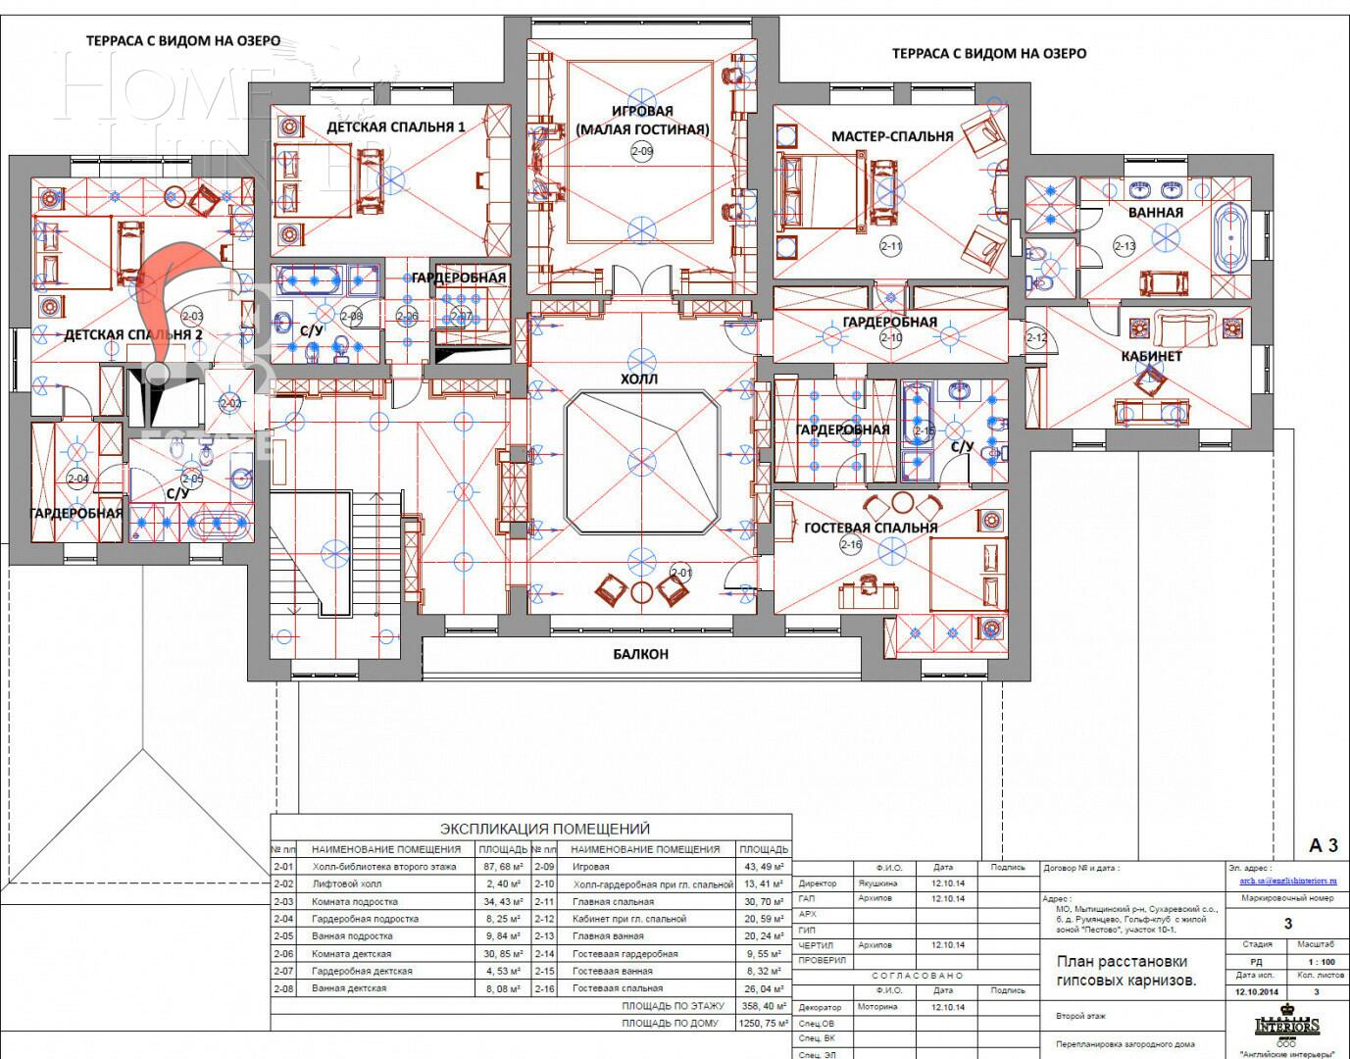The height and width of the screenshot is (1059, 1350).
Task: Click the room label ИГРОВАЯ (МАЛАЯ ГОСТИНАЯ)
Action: [x=642, y=120]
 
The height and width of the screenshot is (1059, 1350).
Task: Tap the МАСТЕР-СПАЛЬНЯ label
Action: [x=891, y=136]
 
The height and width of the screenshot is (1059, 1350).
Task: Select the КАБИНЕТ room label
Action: [x=1151, y=356]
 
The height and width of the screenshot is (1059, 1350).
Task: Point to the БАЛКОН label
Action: [x=641, y=654]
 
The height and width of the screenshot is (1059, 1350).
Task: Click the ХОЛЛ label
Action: [x=639, y=378]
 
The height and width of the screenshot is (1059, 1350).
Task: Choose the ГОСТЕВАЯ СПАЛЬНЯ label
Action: [x=871, y=528]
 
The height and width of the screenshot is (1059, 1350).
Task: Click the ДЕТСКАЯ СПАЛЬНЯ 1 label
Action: [x=395, y=127]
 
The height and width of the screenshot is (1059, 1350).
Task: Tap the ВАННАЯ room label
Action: [x=1155, y=212]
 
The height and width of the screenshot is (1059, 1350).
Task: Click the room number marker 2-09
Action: [x=642, y=151]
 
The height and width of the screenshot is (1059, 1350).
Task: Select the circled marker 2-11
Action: [x=890, y=247]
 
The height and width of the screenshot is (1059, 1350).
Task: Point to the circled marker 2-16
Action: [x=850, y=545]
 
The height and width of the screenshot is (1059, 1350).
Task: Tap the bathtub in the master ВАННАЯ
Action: [x=1229, y=237]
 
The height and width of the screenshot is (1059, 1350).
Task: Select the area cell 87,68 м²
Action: [x=501, y=867]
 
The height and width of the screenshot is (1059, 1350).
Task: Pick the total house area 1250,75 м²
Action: [x=763, y=1023]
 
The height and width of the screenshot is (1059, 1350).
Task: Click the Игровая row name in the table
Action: [x=590, y=867]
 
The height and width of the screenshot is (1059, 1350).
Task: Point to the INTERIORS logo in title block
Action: [x=1287, y=1026]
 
